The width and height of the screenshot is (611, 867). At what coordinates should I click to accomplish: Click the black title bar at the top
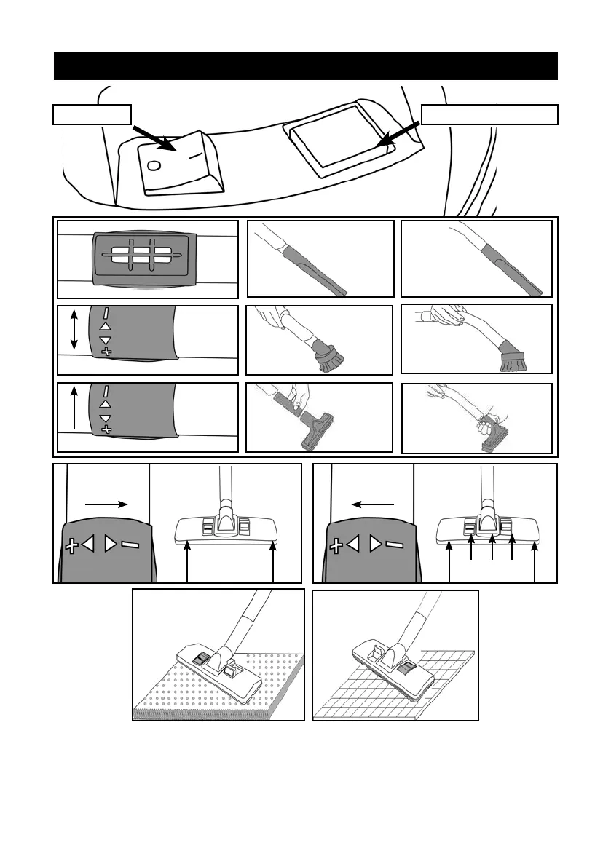coord(306,66)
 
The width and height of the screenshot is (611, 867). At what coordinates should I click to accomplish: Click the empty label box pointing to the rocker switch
coord(92,114)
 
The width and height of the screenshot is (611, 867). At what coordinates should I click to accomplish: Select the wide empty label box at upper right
coord(489,114)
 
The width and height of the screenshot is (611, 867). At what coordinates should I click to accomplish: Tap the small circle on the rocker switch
coord(154,165)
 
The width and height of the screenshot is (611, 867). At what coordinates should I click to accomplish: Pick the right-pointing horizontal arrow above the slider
coord(106,502)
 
